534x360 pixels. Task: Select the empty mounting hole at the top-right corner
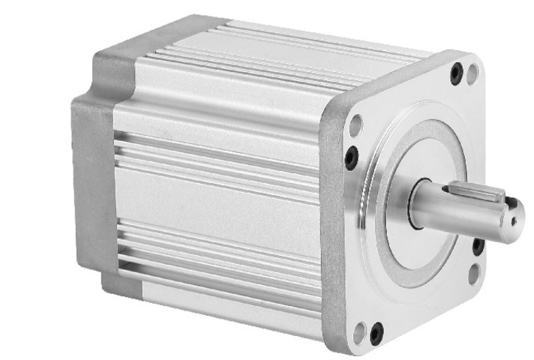472,73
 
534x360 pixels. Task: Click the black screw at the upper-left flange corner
352,157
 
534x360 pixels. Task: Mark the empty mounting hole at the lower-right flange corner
474,273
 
